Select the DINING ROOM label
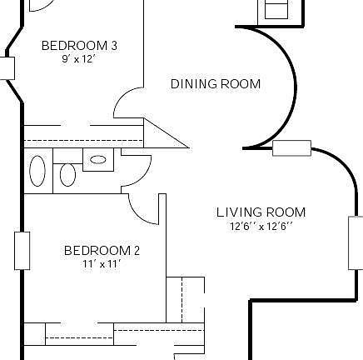216,84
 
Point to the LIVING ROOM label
261,212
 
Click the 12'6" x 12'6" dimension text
261,226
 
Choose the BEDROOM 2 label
102,251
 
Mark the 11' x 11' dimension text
102,264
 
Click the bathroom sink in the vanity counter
98,159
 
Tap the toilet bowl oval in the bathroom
68,176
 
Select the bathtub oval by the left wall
38,171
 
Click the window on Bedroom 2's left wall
22,251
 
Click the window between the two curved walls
291,148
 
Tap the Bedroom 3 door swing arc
127,101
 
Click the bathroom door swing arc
138,170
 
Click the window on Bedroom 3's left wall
7,67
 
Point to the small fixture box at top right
276,10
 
